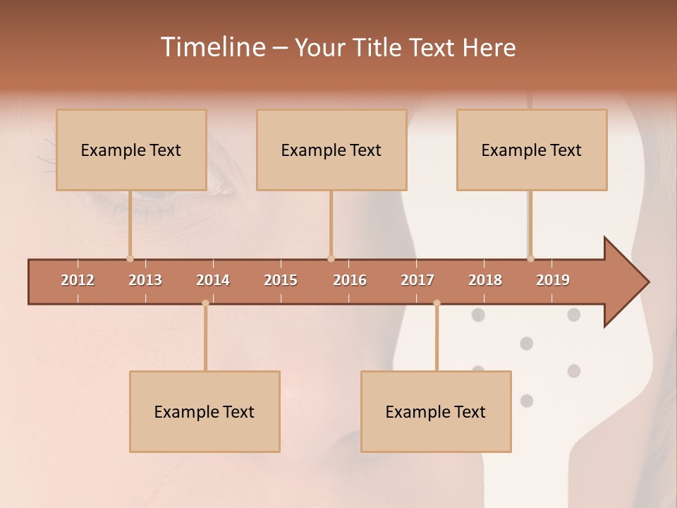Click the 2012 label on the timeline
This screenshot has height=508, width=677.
[78, 280]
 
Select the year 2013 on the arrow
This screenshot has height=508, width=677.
[145, 280]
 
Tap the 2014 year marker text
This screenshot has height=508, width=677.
[213, 280]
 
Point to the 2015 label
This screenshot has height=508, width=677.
[281, 280]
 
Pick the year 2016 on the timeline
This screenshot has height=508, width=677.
[350, 280]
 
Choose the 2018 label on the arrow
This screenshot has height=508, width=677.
[485, 280]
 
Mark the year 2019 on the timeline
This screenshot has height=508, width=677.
[553, 280]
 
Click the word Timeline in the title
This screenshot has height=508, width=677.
[212, 47]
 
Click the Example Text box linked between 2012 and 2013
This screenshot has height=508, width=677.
[131, 150]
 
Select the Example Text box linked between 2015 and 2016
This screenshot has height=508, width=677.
[331, 150]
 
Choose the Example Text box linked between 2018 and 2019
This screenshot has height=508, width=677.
[532, 150]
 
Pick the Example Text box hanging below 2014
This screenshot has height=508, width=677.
[205, 411]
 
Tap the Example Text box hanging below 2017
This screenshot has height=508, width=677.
[436, 411]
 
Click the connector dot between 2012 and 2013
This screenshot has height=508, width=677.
[130, 258]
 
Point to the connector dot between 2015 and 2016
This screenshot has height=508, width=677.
[331, 258]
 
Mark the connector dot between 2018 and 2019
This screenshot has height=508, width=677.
[530, 258]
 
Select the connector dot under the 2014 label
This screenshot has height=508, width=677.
[205, 303]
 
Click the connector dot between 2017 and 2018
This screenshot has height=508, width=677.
[437, 303]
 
